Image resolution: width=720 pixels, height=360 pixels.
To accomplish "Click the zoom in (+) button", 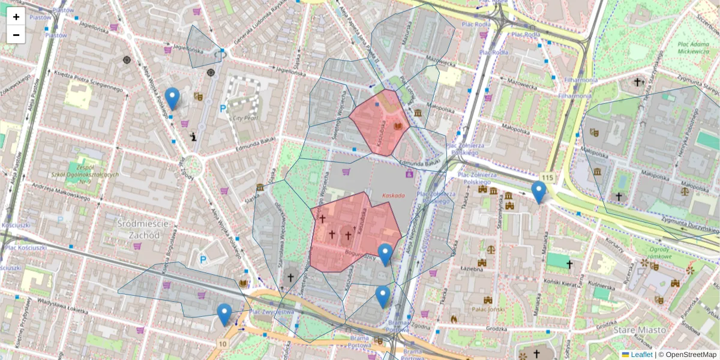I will pyautogui.click(x=16, y=17).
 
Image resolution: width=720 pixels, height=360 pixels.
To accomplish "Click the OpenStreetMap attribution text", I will pyautogui.click(x=688, y=355).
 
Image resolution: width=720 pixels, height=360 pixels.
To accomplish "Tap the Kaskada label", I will pyautogui.click(x=393, y=196).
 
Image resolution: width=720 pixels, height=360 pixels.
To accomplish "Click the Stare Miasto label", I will pyautogui.click(x=640, y=330).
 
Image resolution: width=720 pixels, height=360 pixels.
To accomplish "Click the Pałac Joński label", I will pyautogui.click(x=487, y=310).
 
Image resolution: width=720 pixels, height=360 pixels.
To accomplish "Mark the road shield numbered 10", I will pyautogui.click(x=223, y=343).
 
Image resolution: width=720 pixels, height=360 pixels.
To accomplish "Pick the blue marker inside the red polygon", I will pyautogui.click(x=385, y=254).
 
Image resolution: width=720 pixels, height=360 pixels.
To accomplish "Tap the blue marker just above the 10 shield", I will pyautogui.click(x=224, y=314).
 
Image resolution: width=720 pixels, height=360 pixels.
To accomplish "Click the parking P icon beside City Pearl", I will pyautogui.click(x=223, y=109).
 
